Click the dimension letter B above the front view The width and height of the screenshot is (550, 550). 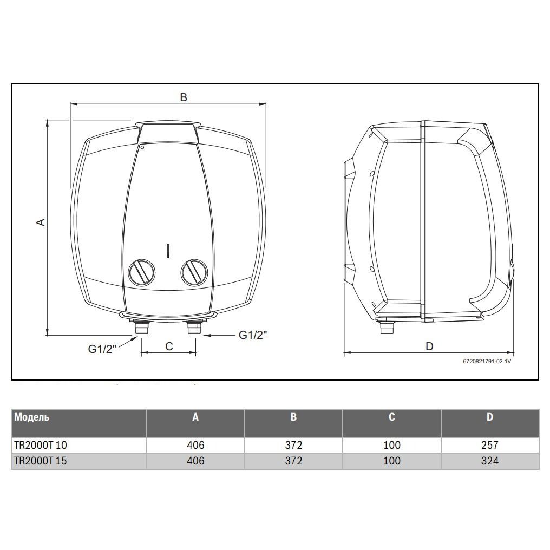(x=184, y=97)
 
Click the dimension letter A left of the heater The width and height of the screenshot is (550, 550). (x=41, y=222)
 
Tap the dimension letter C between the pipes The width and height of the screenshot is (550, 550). (x=169, y=346)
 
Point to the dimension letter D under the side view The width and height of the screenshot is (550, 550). (x=429, y=346)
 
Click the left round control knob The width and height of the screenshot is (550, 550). (x=141, y=272)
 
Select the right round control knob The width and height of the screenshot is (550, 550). (x=194, y=272)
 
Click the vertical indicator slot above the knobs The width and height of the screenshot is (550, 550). (x=168, y=250)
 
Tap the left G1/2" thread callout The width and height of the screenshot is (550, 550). (x=102, y=349)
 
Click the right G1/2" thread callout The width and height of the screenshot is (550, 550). (x=253, y=335)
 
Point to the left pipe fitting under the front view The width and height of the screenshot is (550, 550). (x=142, y=327)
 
